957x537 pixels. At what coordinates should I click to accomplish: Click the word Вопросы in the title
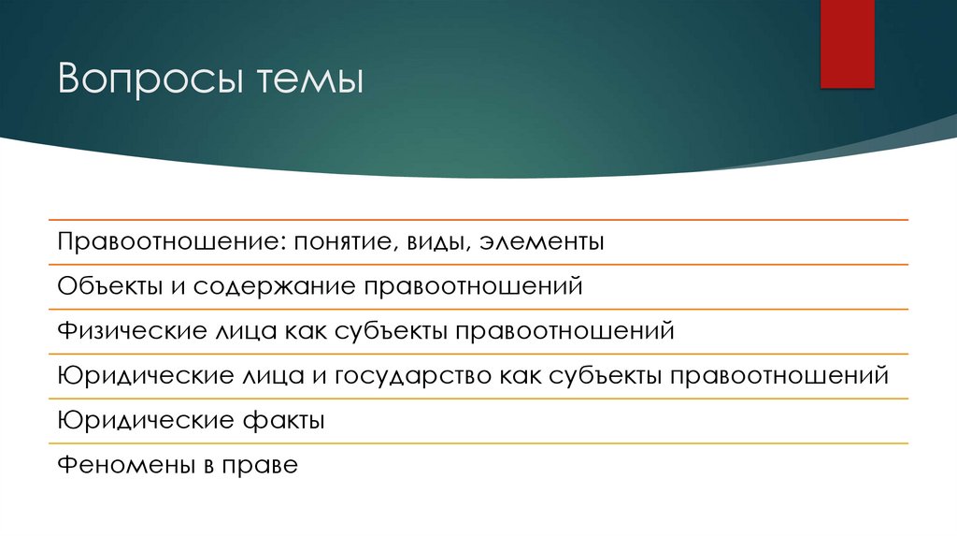(x=138, y=79)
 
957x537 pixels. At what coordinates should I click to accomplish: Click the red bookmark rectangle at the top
(x=847, y=44)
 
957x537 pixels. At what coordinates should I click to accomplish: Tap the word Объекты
(x=109, y=286)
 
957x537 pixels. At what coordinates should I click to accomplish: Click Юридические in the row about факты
(x=132, y=421)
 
